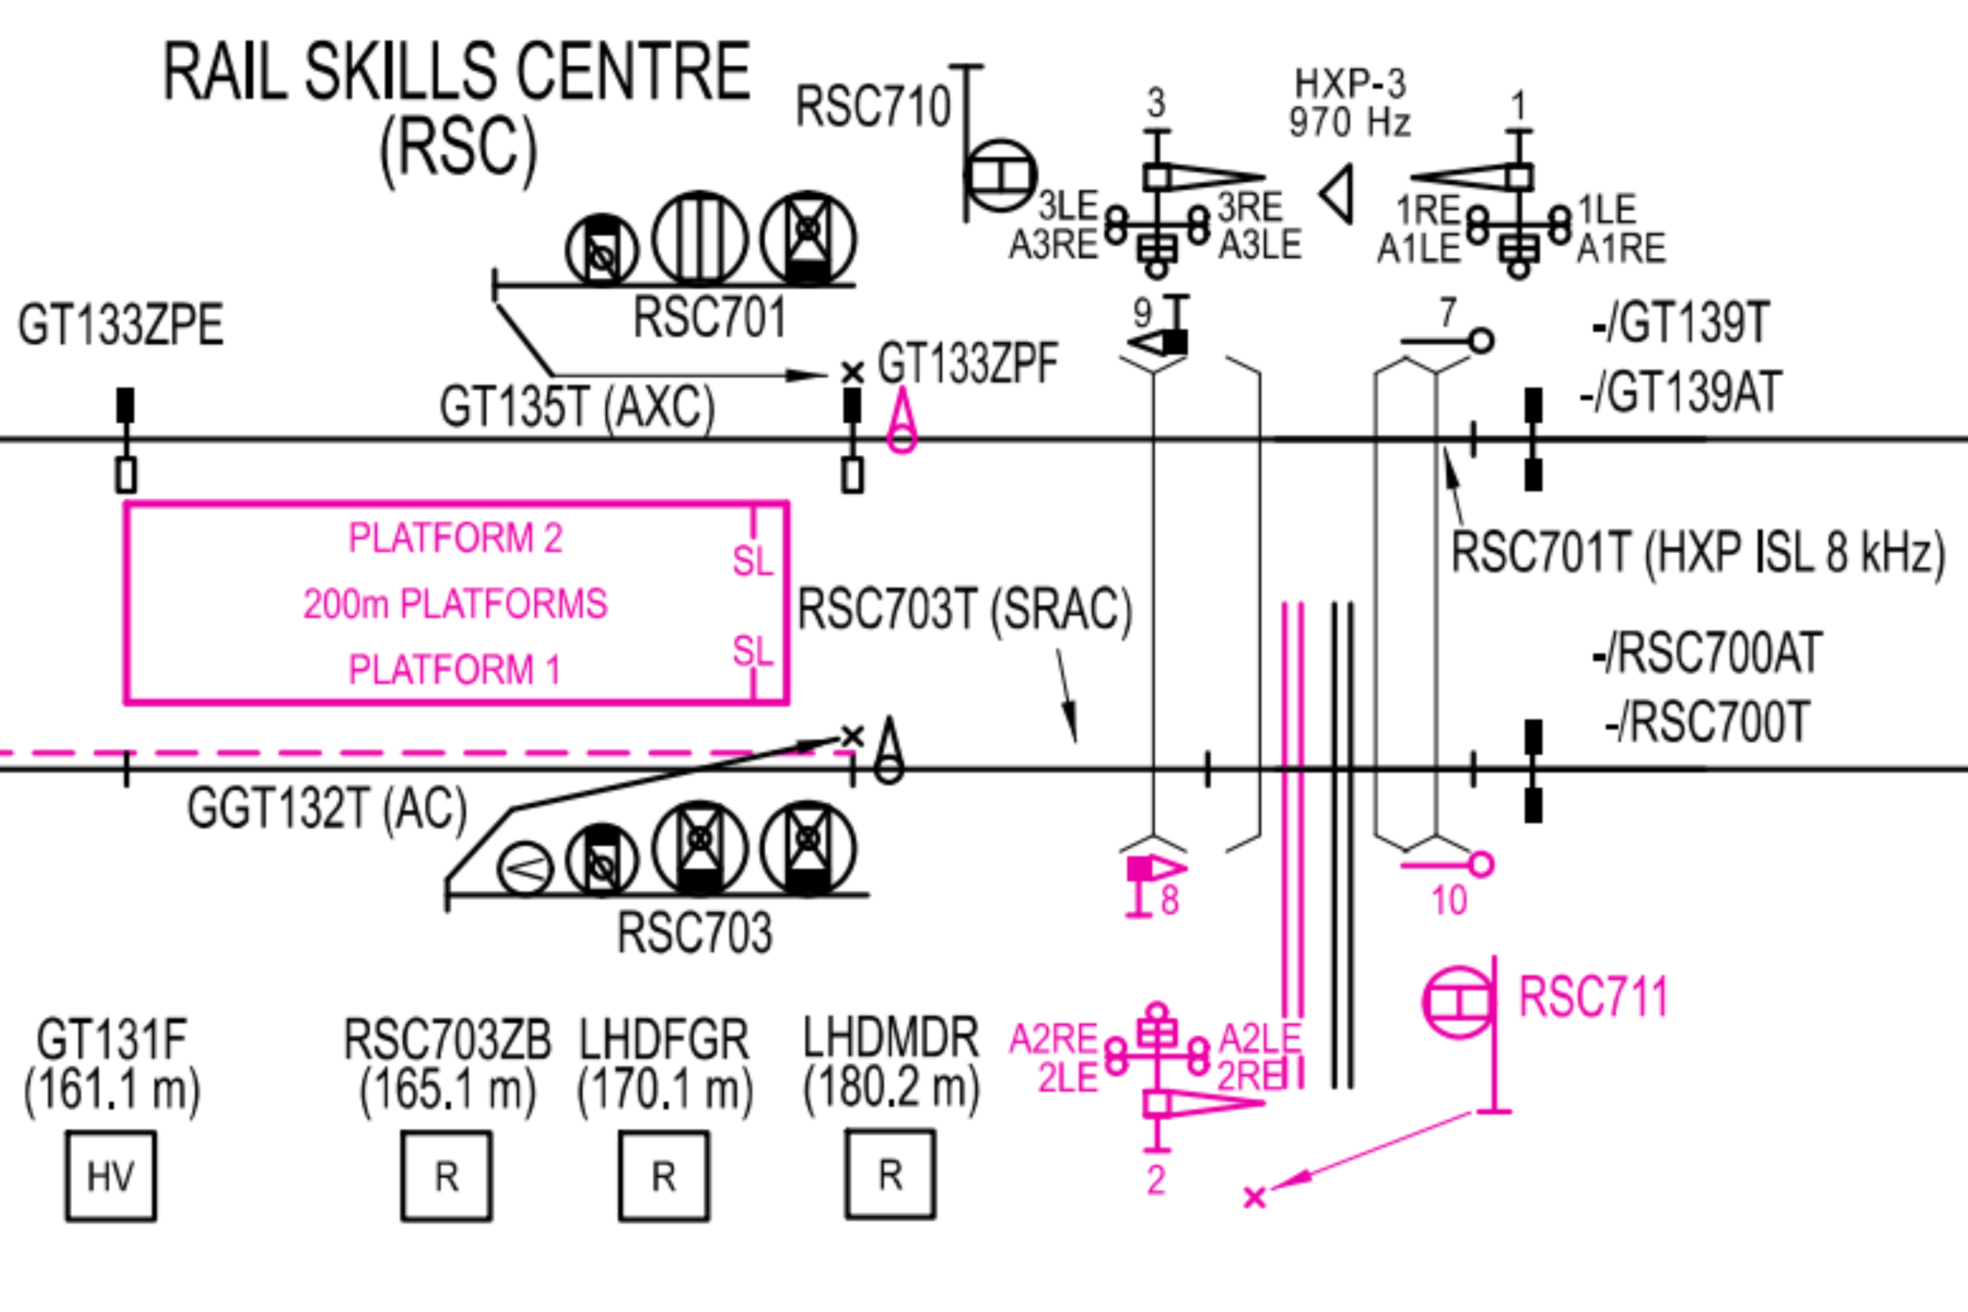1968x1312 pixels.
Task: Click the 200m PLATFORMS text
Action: (x=455, y=603)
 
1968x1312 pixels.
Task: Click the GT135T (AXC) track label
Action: (x=577, y=408)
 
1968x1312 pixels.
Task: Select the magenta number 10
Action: (x=1449, y=900)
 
